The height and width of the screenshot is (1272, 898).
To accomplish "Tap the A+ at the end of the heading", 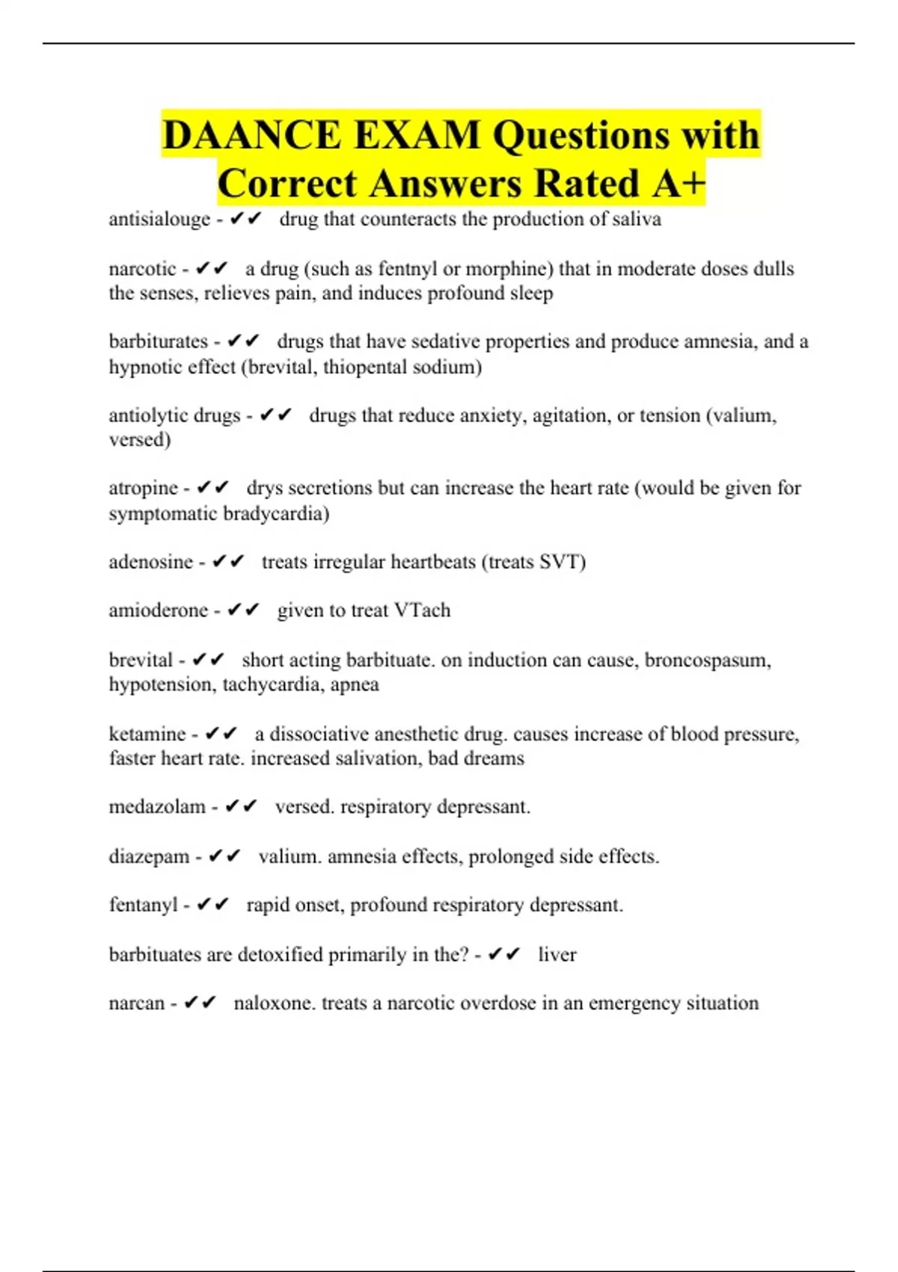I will point(678,184).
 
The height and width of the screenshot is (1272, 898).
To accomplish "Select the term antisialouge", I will point(159,219).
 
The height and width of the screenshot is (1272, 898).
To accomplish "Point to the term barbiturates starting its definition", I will point(158,342).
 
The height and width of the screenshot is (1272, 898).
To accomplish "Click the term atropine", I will point(143,488).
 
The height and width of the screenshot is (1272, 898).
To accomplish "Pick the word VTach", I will point(422,611).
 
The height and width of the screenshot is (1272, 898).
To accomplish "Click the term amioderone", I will point(158,611).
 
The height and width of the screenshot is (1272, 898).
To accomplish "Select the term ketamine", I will point(147,734).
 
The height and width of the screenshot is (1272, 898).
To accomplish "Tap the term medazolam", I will point(157,807).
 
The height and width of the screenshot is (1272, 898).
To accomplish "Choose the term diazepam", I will point(149,857).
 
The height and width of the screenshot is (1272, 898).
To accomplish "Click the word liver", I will point(558,955).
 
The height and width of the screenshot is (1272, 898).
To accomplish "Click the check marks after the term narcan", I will point(200,1003).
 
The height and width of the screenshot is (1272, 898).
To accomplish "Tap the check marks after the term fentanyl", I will point(213,905).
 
